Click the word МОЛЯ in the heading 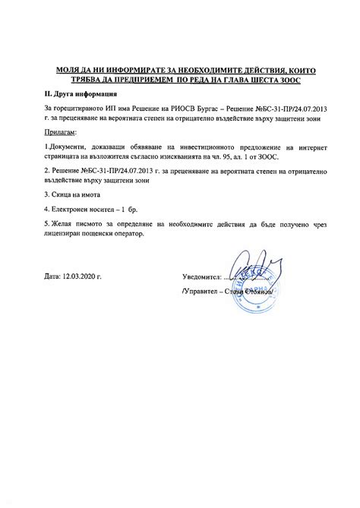67,69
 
